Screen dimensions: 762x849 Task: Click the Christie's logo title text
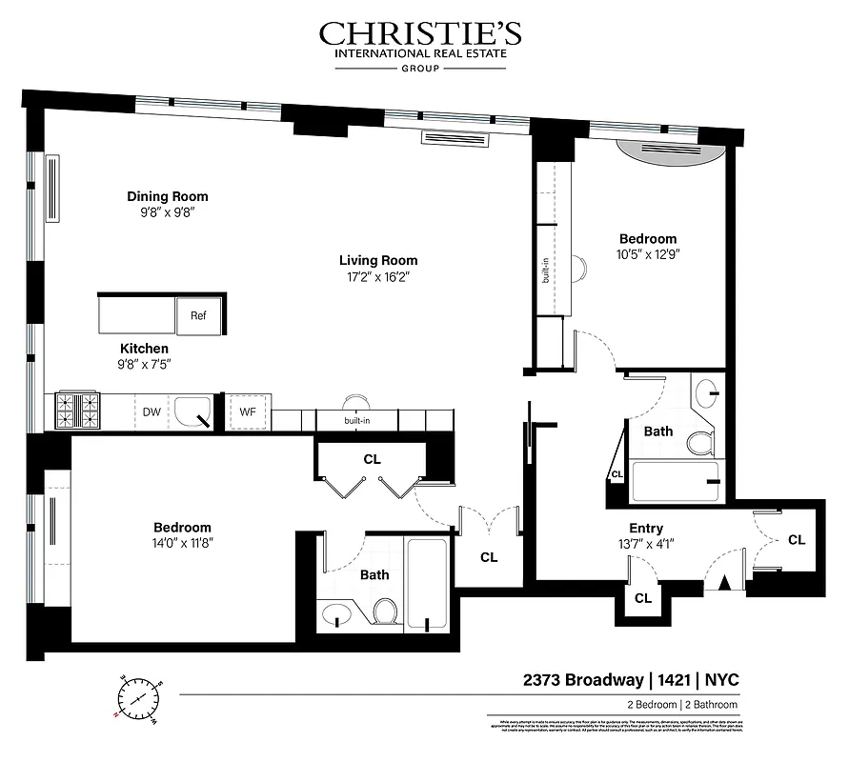(x=420, y=34)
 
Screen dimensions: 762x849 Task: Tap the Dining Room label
(x=167, y=196)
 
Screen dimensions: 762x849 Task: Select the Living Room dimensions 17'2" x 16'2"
(x=378, y=277)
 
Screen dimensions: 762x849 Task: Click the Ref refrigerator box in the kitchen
(x=198, y=315)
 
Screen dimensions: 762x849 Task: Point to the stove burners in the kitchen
(x=79, y=411)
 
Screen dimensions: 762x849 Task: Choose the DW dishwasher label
(x=151, y=411)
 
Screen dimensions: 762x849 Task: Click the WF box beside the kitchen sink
(x=248, y=411)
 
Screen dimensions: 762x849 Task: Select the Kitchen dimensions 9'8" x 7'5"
(x=144, y=364)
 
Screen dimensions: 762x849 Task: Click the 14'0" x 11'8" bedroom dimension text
(x=182, y=544)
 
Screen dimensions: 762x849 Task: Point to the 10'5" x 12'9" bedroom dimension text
(x=648, y=254)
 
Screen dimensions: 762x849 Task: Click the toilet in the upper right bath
(x=702, y=443)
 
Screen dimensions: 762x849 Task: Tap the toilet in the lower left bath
(x=386, y=610)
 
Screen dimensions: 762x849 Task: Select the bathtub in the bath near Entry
(x=677, y=482)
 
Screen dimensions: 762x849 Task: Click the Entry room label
(x=645, y=529)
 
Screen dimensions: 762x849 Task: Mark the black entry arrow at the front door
(x=723, y=583)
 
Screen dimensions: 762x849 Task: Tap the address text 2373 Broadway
(x=581, y=680)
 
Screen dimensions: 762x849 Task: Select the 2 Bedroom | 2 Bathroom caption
(x=681, y=705)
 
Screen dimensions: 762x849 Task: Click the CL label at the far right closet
(x=797, y=539)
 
